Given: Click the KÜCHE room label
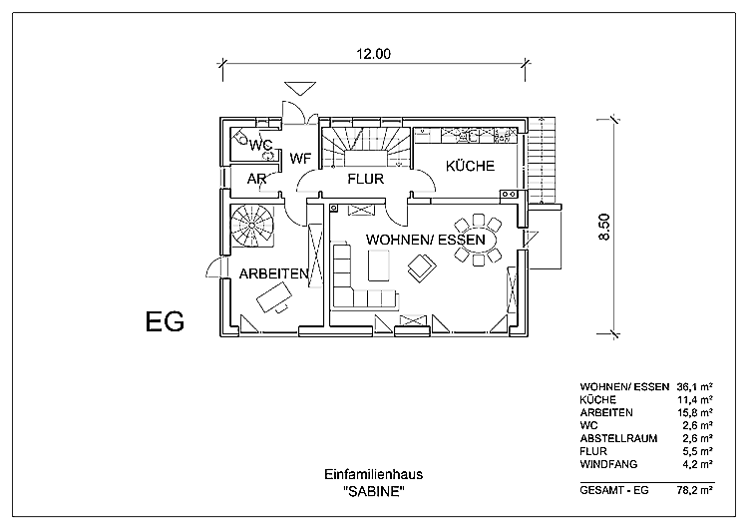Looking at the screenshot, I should [470, 166].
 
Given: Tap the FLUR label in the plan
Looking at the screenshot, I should [366, 180].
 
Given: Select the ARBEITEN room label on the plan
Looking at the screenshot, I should [272, 272].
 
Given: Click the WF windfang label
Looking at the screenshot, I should [300, 158].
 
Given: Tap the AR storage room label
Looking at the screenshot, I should [256, 180].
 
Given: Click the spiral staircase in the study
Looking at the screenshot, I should [254, 225].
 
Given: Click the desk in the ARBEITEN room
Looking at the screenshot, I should [272, 297].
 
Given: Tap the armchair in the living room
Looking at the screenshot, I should [420, 265].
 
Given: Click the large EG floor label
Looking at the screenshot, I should [165, 322].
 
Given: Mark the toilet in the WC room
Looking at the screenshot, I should [243, 140].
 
